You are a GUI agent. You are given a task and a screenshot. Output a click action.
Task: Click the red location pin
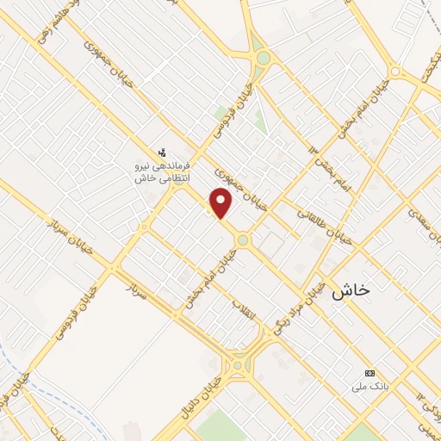pyautogui.click(x=221, y=202)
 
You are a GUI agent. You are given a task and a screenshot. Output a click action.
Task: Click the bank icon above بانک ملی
pyautogui.click(x=370, y=373)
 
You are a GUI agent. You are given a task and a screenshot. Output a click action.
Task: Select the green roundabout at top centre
pyautogui.click(x=264, y=59)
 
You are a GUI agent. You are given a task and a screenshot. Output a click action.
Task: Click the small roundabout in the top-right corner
pyautogui.click(x=395, y=71)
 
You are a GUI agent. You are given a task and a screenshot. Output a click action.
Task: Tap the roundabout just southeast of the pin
pyautogui.click(x=244, y=240)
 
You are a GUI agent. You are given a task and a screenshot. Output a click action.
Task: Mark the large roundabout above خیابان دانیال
pyautogui.click(x=237, y=364)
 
